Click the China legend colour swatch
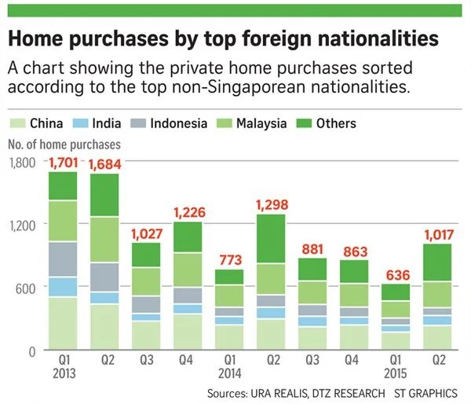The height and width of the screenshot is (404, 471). coord(17,123)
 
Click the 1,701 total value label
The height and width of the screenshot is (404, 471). coord(64,163)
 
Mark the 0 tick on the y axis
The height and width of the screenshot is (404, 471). coord(31,351)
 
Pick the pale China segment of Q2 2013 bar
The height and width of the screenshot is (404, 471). coord(106,326)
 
